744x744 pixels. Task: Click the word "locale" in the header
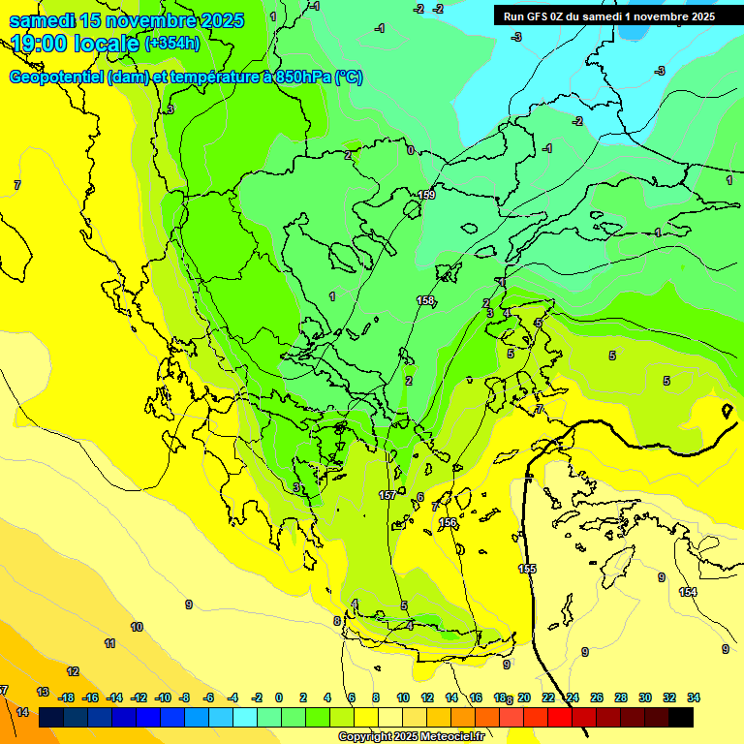pyautogui.click(x=106, y=43)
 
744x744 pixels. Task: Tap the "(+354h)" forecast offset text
pyautogui.click(x=172, y=43)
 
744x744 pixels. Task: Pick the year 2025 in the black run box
pyautogui.click(x=698, y=15)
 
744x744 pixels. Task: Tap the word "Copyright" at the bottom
pyautogui.click(x=364, y=737)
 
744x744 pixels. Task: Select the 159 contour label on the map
pyautogui.click(x=426, y=196)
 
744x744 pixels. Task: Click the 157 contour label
pyautogui.click(x=387, y=495)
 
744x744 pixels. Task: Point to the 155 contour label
pyautogui.click(x=527, y=569)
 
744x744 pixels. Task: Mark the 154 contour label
pyautogui.click(x=688, y=592)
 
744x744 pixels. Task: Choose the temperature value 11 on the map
pyautogui.click(x=110, y=643)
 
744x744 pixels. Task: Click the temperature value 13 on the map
pyautogui.click(x=43, y=692)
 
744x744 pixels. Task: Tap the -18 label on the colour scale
pyautogui.click(x=67, y=697)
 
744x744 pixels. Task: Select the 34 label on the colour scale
pyautogui.click(x=694, y=697)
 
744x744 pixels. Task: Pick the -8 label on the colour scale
pyautogui.click(x=183, y=697)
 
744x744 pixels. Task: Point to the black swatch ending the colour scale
pyautogui.click(x=681, y=717)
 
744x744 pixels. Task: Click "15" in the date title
pyautogui.click(x=93, y=20)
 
